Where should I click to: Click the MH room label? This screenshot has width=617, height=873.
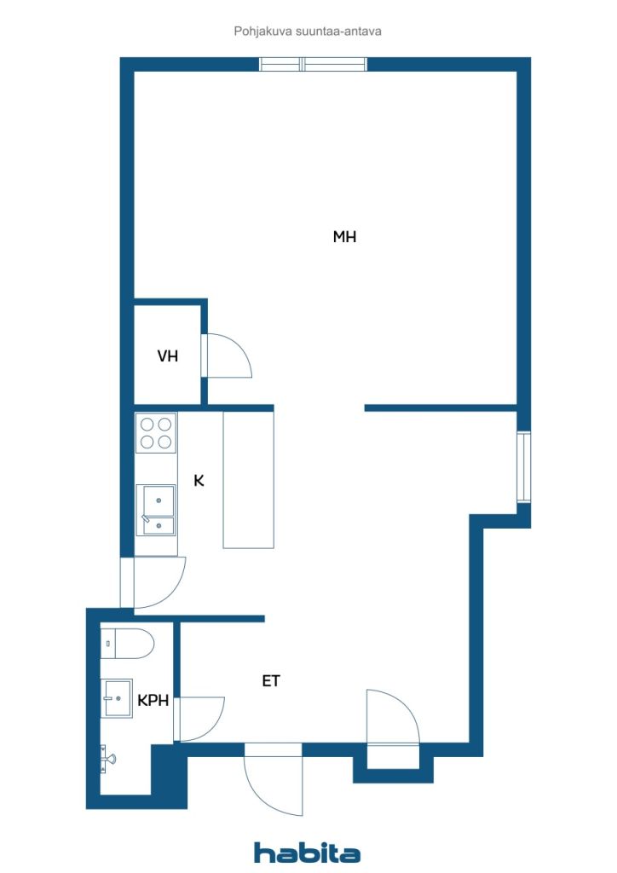click(x=344, y=237)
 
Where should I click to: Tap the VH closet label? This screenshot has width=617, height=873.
click(x=168, y=356)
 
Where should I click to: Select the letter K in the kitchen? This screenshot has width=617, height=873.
click(x=199, y=481)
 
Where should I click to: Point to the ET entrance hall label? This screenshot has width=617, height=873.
click(x=271, y=681)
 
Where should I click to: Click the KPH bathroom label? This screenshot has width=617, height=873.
click(x=153, y=701)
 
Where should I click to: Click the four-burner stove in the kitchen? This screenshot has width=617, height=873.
click(x=156, y=432)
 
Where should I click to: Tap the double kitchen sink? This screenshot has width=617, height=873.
click(x=156, y=510)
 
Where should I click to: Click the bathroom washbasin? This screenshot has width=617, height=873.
click(x=117, y=698)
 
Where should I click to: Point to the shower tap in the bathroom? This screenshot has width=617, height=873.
click(x=108, y=757)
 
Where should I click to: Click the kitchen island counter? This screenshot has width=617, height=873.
click(x=248, y=480)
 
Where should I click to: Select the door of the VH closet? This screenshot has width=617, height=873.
click(x=227, y=356)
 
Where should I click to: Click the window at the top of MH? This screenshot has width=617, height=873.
click(x=314, y=64)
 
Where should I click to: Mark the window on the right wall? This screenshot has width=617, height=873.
click(x=523, y=467)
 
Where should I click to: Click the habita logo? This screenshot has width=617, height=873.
click(x=307, y=853)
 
